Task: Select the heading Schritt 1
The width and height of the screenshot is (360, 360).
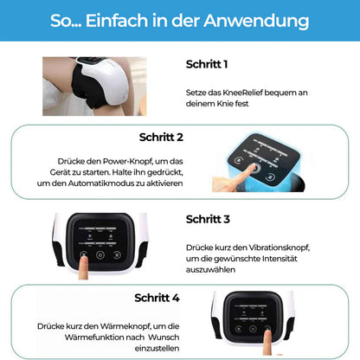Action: [x=207, y=64]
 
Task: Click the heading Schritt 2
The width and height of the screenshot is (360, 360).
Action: [x=161, y=136]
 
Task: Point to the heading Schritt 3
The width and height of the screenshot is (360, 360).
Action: [x=208, y=219]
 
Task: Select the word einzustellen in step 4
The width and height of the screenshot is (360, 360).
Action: [x=157, y=349]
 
